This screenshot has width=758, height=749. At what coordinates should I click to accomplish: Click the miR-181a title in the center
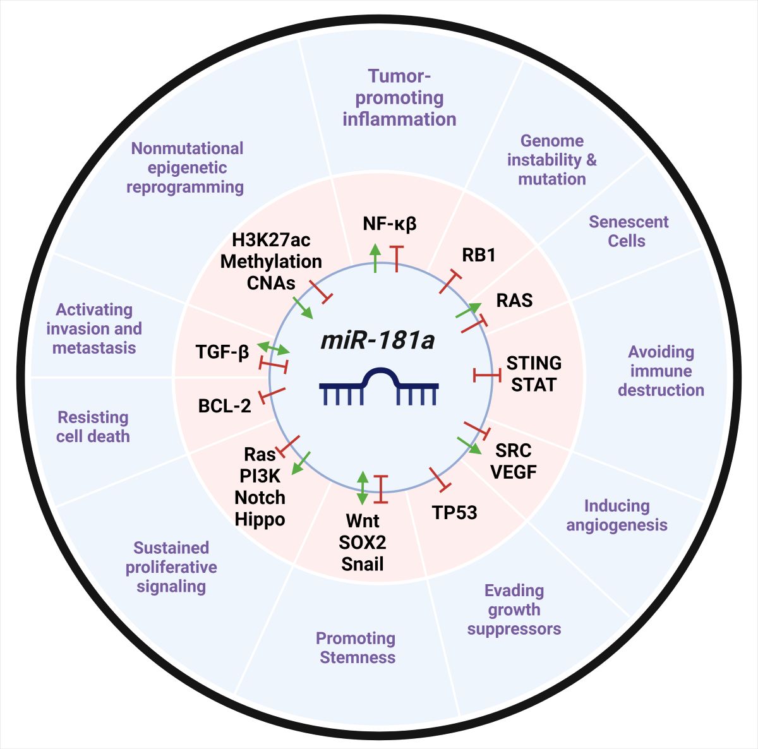[378, 340]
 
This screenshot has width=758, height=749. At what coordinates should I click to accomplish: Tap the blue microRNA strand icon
[379, 386]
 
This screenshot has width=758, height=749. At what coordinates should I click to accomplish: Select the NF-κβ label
[390, 224]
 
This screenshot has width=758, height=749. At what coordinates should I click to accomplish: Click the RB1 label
[479, 255]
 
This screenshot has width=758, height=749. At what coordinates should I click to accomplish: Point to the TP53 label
[454, 512]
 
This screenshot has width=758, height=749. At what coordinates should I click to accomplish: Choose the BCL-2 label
[225, 405]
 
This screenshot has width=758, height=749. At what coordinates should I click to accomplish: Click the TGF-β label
[222, 352]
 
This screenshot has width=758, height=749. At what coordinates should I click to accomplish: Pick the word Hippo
[260, 519]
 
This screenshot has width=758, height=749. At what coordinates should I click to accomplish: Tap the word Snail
[363, 563]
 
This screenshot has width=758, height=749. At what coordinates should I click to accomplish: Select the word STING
[534, 363]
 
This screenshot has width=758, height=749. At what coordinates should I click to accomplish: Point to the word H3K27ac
[272, 241]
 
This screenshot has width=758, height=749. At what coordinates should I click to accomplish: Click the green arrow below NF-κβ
[375, 257]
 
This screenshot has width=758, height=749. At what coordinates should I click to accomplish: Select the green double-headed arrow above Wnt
[362, 488]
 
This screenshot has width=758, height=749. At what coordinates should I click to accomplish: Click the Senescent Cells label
[628, 231]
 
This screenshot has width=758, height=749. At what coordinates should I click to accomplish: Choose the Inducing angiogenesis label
[617, 515]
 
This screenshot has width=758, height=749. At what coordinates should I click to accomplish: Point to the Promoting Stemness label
[357, 648]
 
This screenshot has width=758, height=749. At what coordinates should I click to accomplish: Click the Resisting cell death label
[93, 427]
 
